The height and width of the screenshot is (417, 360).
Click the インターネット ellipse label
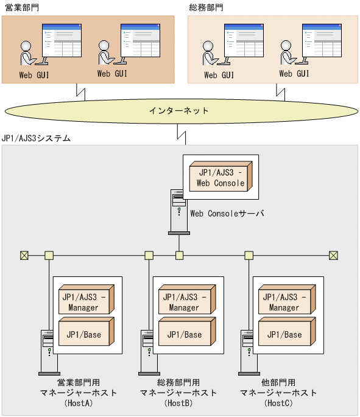(179, 111)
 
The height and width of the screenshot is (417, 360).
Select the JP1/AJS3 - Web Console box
(219, 177)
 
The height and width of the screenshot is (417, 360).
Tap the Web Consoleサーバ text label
(227, 214)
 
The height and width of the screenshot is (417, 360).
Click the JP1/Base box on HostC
(284, 334)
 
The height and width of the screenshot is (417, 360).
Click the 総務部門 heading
(206, 8)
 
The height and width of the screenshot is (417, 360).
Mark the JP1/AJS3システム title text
(37, 139)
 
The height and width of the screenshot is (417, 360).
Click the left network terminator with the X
(24, 255)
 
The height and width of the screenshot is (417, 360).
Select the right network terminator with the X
(333, 255)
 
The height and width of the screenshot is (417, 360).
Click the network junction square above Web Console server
(179, 255)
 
